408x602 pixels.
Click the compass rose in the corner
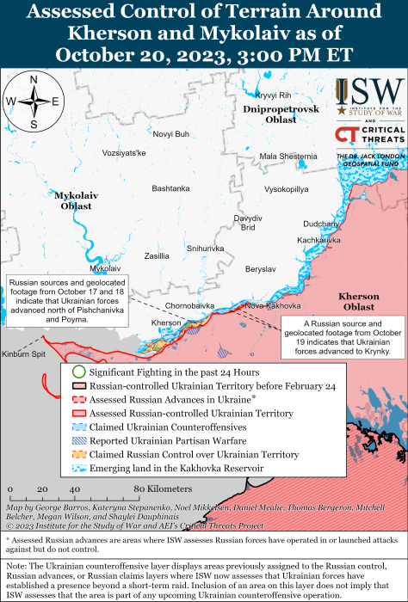(x=33, y=101)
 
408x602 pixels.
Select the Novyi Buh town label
(x=170, y=134)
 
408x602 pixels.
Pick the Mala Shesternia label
(x=288, y=156)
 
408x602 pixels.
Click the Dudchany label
(x=322, y=223)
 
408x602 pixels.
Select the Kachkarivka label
(x=319, y=240)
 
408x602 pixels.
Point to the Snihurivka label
(x=205, y=248)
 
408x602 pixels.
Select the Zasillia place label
(x=157, y=255)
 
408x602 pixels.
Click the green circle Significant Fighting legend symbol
(x=77, y=372)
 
